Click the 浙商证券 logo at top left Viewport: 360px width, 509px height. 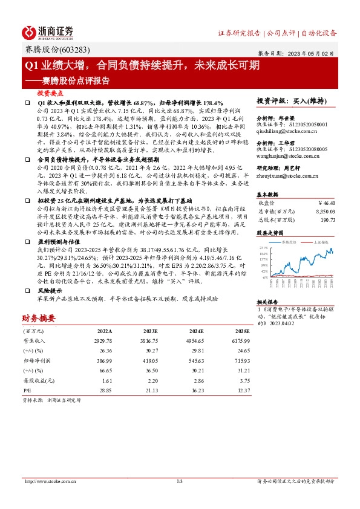[x=47, y=32]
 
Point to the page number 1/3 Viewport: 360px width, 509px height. [x=180, y=481]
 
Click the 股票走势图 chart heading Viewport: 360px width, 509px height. [x=270, y=232]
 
